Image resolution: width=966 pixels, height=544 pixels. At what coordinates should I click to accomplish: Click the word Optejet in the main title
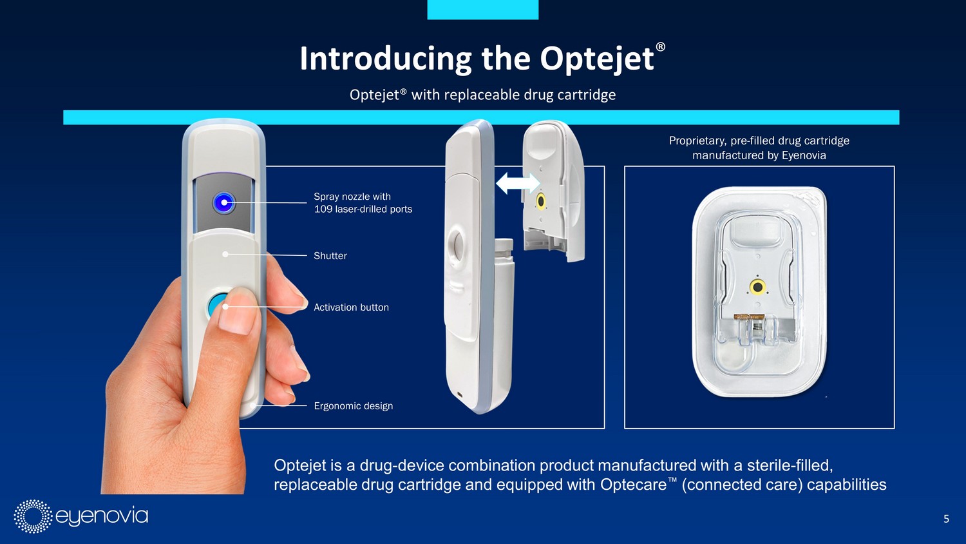click(597, 59)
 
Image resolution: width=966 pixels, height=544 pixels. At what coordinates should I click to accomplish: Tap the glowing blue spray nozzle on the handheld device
click(224, 202)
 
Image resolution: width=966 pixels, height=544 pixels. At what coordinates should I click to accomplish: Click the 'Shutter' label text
click(330, 256)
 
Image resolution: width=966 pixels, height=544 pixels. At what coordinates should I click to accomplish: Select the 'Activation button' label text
click(351, 307)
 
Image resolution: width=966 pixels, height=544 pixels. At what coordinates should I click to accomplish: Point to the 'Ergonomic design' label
click(353, 406)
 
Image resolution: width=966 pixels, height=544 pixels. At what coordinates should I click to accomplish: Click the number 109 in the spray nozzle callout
click(322, 209)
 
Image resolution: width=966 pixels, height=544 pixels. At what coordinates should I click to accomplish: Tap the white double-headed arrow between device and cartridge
click(518, 184)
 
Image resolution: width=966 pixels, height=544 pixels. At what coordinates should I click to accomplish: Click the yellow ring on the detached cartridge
click(540, 201)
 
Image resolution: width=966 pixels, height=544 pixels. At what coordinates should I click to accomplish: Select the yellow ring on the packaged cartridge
click(757, 287)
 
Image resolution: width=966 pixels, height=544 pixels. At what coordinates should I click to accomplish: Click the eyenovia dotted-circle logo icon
click(33, 516)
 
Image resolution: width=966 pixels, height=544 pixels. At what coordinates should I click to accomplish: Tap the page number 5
click(946, 519)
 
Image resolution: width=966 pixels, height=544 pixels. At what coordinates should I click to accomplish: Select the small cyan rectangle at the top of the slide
click(483, 10)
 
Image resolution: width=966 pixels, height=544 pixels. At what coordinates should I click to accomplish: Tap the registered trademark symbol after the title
click(660, 46)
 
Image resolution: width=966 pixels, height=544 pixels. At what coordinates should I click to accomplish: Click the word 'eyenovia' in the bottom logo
click(102, 516)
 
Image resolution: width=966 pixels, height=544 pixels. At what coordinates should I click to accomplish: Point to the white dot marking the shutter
click(225, 255)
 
